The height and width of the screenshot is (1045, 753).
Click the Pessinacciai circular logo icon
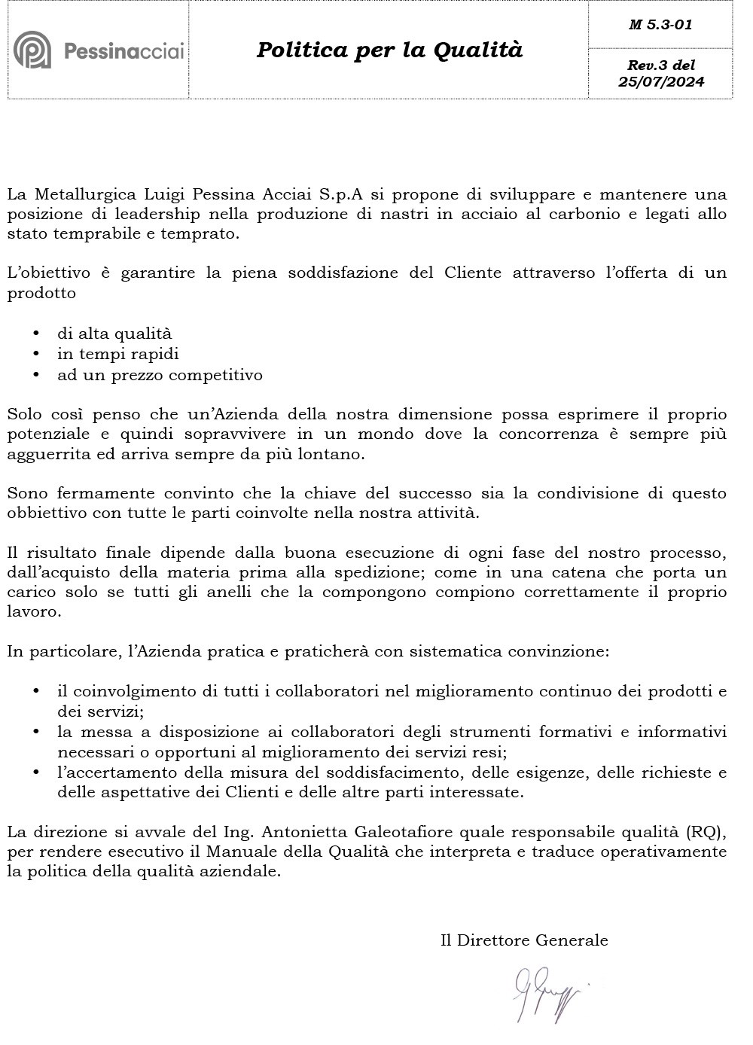pos(32,50)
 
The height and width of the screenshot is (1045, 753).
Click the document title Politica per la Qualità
pos(389,50)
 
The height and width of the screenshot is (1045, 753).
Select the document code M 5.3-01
pos(660,25)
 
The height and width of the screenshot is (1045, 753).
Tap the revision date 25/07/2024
pos(661,82)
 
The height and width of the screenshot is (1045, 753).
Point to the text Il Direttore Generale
pos(524,940)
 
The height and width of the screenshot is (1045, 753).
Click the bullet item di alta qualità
pos(114,334)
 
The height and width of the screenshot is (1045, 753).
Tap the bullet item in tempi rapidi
pos(118,354)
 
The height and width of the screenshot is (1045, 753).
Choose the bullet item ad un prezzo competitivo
pos(160,374)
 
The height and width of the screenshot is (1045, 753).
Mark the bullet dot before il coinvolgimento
pos(35,691)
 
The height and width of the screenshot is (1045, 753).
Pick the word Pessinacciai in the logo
pos(123,51)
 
